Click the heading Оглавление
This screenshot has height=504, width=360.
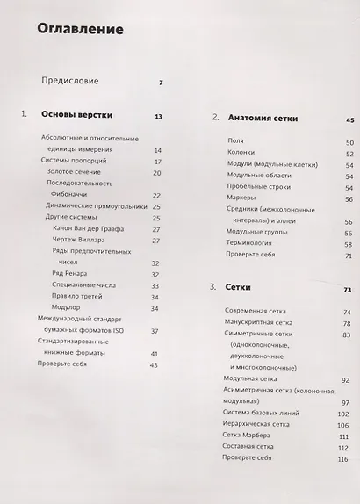pyautogui.click(x=80, y=29)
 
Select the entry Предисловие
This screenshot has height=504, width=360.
pyautogui.click(x=69, y=81)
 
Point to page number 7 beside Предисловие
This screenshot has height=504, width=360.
pyautogui.click(x=161, y=83)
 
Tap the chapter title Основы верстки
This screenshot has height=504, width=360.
pyautogui.click(x=78, y=116)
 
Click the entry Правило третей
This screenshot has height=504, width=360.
pyautogui.click(x=82, y=296)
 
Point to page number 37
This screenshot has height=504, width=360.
pyautogui.click(x=155, y=330)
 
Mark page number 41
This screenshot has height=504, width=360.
pyautogui.click(x=155, y=353)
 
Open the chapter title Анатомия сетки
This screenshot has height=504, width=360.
pyautogui.click(x=263, y=118)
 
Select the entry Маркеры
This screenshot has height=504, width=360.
pyautogui.click(x=241, y=199)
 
